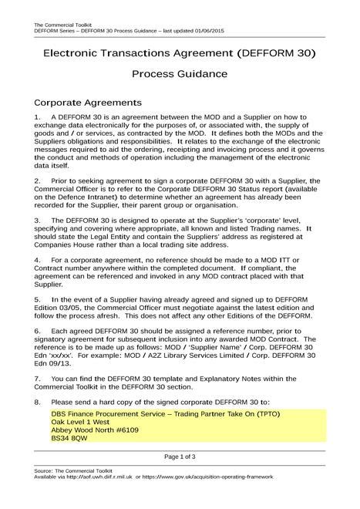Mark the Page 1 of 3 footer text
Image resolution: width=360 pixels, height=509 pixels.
click(179, 456)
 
